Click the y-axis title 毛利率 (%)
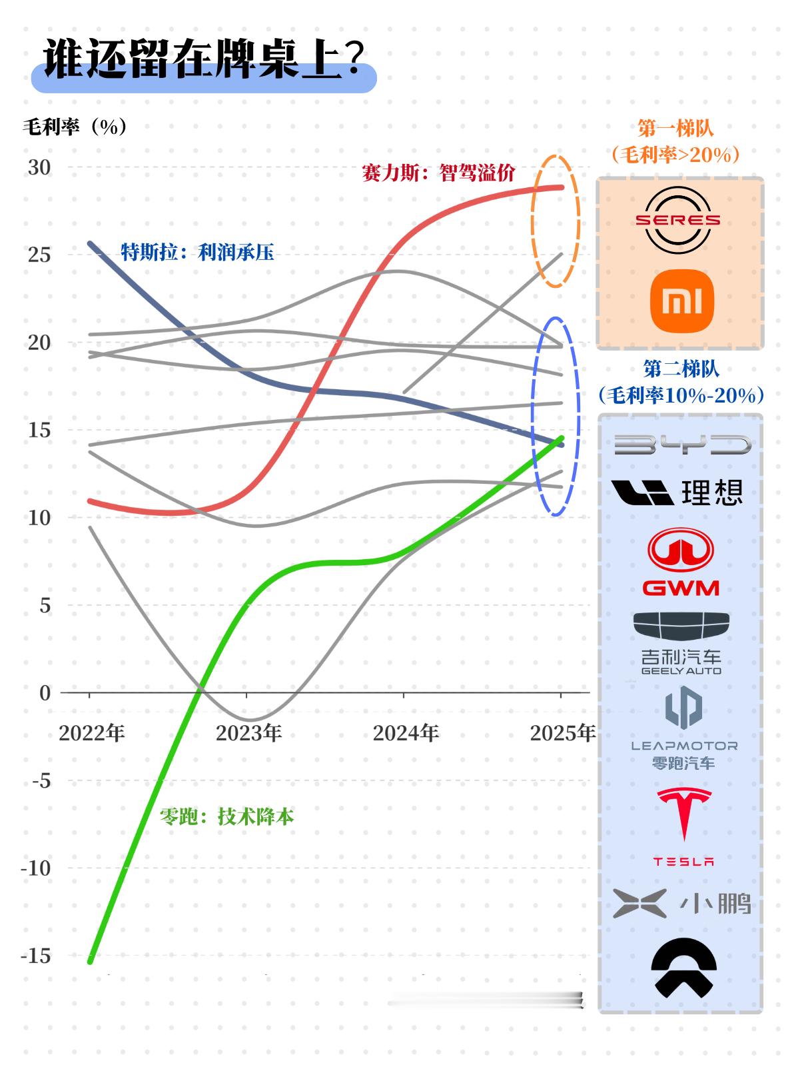pyautogui.click(x=75, y=127)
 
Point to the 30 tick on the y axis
pyautogui.click(x=39, y=167)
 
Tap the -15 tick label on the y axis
pyautogui.click(x=36, y=956)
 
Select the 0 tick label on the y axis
pyautogui.click(x=45, y=693)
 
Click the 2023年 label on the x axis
pyautogui.click(x=248, y=733)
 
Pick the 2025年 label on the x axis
pyautogui.click(x=562, y=733)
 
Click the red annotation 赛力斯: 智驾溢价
pyautogui.click(x=438, y=173)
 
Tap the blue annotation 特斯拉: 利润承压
pyautogui.click(x=197, y=252)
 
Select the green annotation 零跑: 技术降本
pyautogui.click(x=226, y=816)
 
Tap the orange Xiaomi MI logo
pyautogui.click(x=681, y=301)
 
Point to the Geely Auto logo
pyautogui.click(x=681, y=642)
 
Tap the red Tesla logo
pyautogui.click(x=683, y=826)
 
